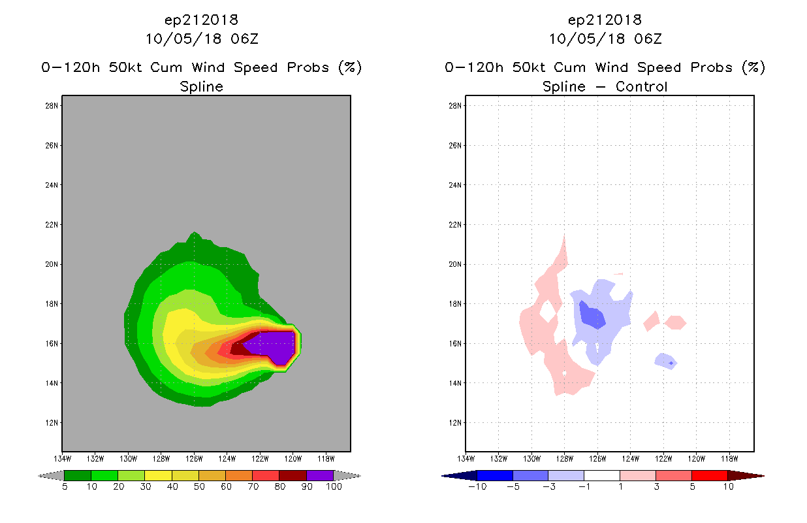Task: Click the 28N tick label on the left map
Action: (52, 106)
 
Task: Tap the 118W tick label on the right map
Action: (729, 459)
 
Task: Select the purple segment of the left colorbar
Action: (320, 475)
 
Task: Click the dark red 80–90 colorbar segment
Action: (293, 475)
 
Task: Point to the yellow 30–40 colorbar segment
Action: (159, 475)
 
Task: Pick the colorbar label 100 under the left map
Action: (334, 486)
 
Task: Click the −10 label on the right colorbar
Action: (477, 486)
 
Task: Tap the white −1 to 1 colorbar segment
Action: (601, 475)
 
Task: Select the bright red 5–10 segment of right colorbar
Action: (709, 475)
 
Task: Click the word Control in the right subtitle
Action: (641, 86)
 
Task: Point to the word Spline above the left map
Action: (201, 87)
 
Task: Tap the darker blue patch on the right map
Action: (592, 316)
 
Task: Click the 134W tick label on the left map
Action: (62, 459)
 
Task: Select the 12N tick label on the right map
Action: (455, 423)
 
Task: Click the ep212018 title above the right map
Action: (605, 20)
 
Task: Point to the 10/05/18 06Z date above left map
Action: (202, 39)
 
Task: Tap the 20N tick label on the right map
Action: (455, 264)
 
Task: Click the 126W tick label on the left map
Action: (194, 459)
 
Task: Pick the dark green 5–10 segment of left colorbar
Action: (78, 475)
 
